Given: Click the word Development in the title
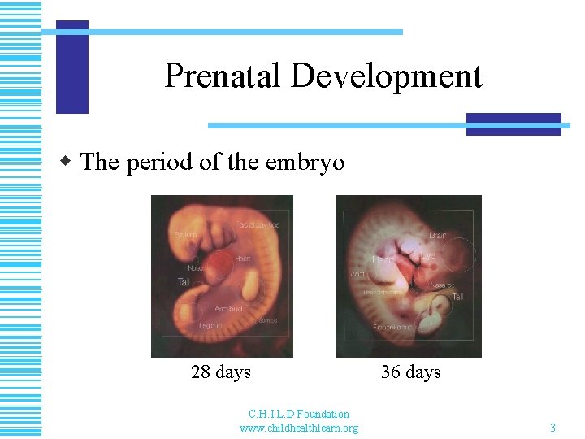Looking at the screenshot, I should (x=386, y=76).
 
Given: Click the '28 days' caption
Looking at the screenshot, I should (x=221, y=372).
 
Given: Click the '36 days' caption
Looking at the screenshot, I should (x=410, y=372).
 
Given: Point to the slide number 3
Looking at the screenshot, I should (x=552, y=428).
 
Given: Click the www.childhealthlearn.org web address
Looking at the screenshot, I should (x=298, y=428).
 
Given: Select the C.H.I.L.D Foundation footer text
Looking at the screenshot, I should (x=298, y=415).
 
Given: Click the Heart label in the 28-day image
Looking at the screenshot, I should (x=242, y=259).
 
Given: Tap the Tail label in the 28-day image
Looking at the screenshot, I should (x=184, y=282).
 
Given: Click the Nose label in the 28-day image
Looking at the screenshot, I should (x=196, y=267).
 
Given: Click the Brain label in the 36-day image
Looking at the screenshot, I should (x=437, y=235).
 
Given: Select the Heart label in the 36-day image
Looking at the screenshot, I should (x=383, y=259).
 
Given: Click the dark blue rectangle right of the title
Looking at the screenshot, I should (x=513, y=124).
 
